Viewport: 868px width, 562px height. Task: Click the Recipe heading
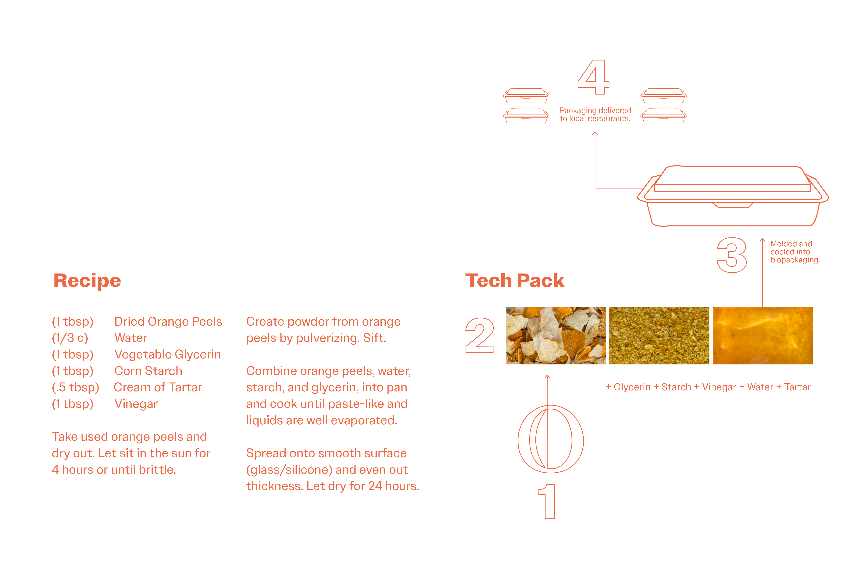(x=87, y=281)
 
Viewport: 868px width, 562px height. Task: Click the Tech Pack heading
(x=515, y=281)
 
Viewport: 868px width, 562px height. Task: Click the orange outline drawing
(x=519, y=440)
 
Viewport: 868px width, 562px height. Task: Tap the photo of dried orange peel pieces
(x=556, y=336)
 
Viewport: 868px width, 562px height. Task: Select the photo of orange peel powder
(x=659, y=336)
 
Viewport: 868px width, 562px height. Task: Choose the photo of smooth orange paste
(x=763, y=336)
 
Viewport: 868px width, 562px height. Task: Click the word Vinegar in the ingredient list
(x=136, y=404)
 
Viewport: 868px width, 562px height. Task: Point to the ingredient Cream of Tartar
(x=158, y=387)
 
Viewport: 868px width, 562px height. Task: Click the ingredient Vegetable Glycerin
(x=168, y=354)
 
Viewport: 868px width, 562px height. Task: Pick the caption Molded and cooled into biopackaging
(x=795, y=252)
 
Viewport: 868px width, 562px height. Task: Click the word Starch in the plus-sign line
(x=676, y=387)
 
